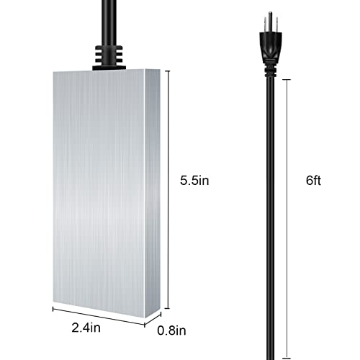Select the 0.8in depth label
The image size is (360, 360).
[173, 332]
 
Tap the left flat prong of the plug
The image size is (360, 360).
[262, 22]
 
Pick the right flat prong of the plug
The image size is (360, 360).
[278, 22]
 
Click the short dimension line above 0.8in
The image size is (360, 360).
[161, 317]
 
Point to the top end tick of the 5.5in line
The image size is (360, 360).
[170, 71]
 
